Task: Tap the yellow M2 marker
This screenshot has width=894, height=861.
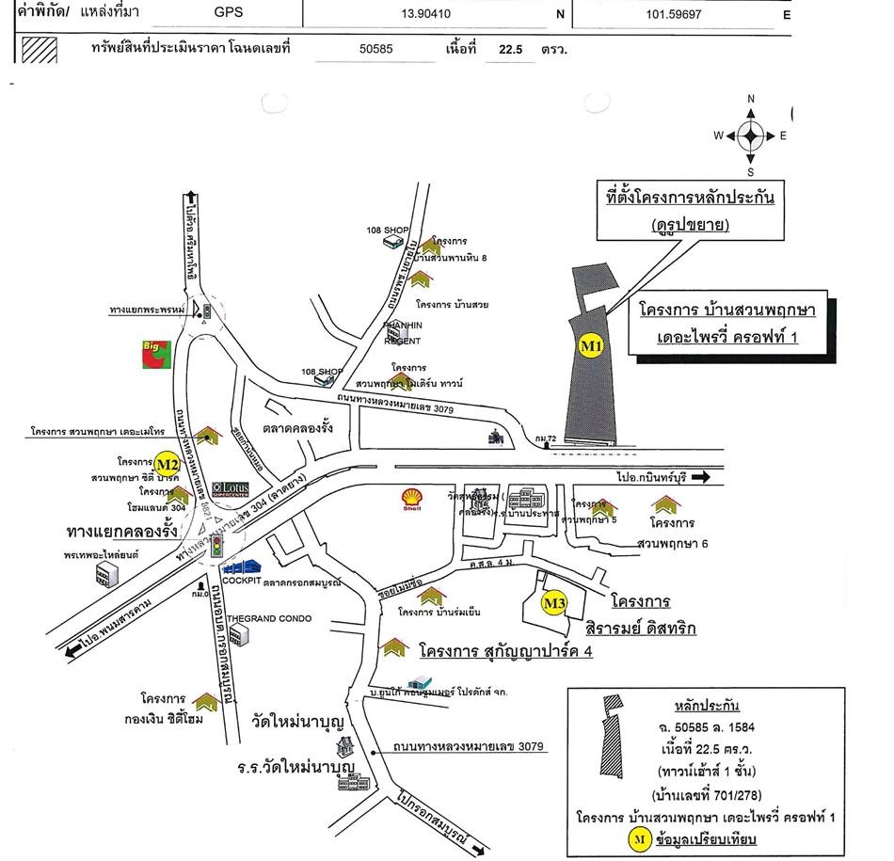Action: pyautogui.click(x=168, y=464)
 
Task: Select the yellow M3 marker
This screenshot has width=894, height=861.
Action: pyautogui.click(x=554, y=603)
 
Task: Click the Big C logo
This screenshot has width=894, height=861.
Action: pyautogui.click(x=156, y=355)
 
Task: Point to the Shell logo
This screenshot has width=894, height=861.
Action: pyautogui.click(x=412, y=499)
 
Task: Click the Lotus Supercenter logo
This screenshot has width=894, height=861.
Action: pyautogui.click(x=231, y=489)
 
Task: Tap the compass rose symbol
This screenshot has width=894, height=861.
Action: pyautogui.click(x=750, y=136)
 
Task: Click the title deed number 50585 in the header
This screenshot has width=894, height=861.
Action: pyautogui.click(x=376, y=49)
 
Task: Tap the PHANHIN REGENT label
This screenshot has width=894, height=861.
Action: pyautogui.click(x=402, y=333)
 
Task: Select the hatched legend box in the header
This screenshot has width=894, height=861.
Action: pyautogui.click(x=40, y=50)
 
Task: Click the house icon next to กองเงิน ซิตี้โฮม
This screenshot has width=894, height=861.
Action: pyautogui.click(x=205, y=701)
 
